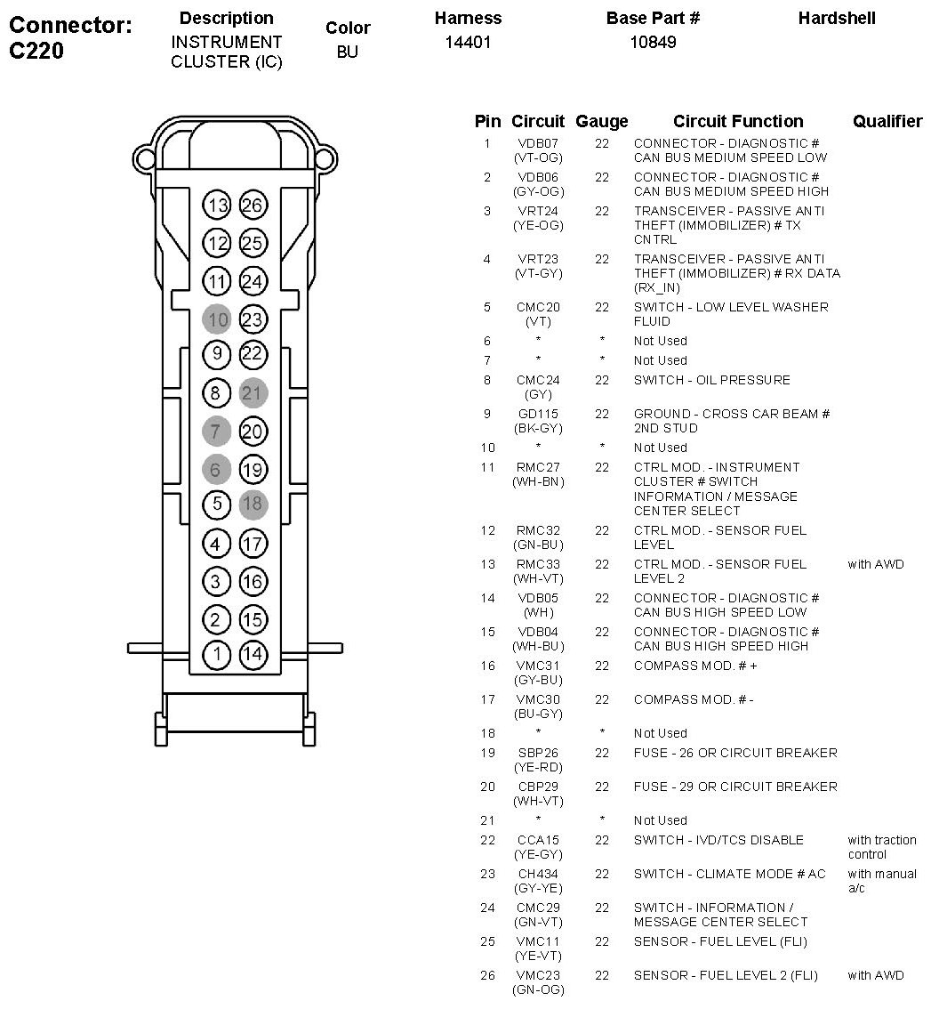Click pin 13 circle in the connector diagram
click(217, 206)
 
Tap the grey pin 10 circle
click(217, 319)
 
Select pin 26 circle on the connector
click(253, 206)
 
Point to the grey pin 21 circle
click(253, 393)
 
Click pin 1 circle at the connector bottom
click(217, 655)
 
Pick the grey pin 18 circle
click(253, 504)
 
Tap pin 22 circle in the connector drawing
click(253, 354)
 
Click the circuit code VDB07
click(538, 143)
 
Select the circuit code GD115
click(538, 414)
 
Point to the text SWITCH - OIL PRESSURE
click(711, 380)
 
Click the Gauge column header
click(602, 122)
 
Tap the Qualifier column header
click(887, 122)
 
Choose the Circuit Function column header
click(738, 122)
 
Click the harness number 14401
click(468, 42)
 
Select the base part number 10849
click(653, 42)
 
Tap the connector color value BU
click(348, 52)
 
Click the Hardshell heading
click(837, 19)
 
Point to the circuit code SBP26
click(538, 753)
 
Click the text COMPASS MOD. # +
click(695, 666)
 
